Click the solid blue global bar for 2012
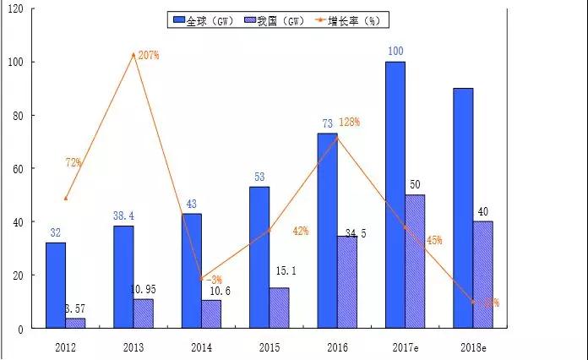(x=56, y=285)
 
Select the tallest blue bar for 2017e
(x=395, y=194)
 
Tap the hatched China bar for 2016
(x=346, y=281)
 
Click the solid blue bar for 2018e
(x=463, y=207)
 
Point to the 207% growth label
(x=149, y=55)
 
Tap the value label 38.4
(x=124, y=216)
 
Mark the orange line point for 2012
(x=66, y=199)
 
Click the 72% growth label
(x=73, y=162)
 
